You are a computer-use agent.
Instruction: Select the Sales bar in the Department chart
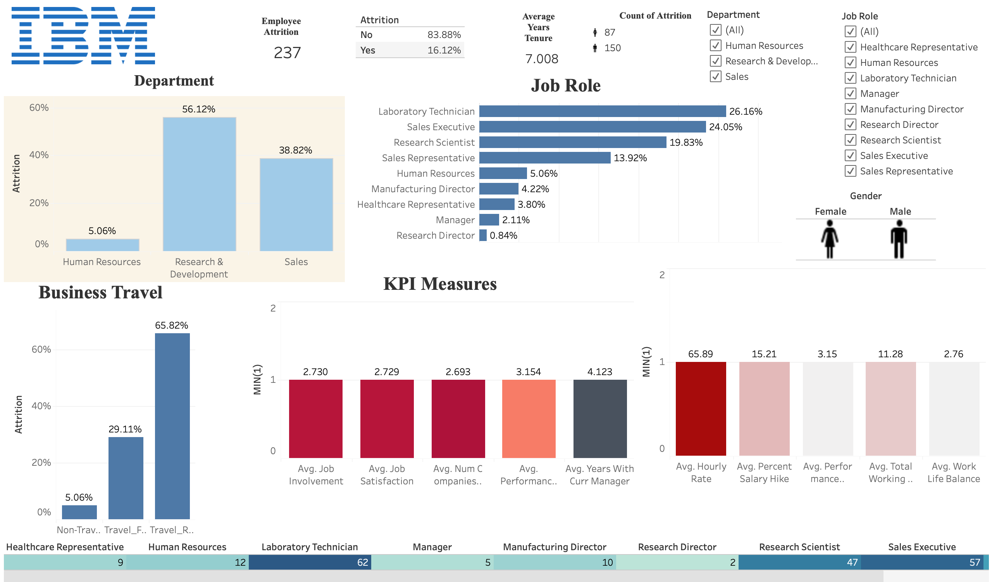point(296,205)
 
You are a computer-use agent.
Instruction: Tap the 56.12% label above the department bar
point(198,109)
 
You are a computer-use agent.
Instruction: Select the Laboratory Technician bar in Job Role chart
point(602,111)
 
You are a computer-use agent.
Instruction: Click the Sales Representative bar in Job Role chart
point(544,158)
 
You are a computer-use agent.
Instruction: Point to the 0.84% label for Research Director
point(503,235)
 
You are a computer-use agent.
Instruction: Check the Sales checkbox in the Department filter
point(715,76)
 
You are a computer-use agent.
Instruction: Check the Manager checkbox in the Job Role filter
point(850,94)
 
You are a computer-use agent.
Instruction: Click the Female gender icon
point(829,239)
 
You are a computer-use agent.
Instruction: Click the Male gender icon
point(899,239)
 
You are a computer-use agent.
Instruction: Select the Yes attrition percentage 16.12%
point(444,50)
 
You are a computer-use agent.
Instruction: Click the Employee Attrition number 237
point(287,53)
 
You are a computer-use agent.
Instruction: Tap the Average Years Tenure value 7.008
point(542,59)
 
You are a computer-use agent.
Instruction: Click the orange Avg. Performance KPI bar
point(529,418)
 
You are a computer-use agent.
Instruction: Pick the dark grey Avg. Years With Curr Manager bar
point(599,418)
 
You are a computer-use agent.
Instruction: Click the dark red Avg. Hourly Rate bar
point(701,408)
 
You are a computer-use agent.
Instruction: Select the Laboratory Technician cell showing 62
point(310,562)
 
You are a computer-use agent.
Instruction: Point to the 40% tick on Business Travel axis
point(41,406)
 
